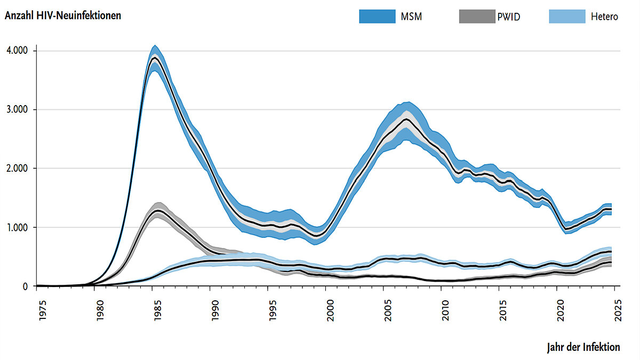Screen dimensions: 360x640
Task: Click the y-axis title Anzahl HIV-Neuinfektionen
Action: coord(63,15)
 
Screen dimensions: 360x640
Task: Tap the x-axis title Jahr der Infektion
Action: coord(583,347)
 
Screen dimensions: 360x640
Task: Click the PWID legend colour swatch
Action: coord(476,17)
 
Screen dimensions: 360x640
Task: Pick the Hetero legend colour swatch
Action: coord(566,17)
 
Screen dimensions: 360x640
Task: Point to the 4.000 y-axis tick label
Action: coord(18,51)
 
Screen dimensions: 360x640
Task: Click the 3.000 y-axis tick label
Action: coord(18,109)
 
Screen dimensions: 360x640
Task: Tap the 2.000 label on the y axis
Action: coord(18,169)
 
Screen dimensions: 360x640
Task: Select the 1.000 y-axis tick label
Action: coord(18,228)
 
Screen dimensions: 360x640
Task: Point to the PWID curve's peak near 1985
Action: coord(157,211)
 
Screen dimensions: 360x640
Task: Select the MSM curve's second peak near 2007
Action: coord(407,119)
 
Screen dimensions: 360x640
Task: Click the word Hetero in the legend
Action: coord(604,17)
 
